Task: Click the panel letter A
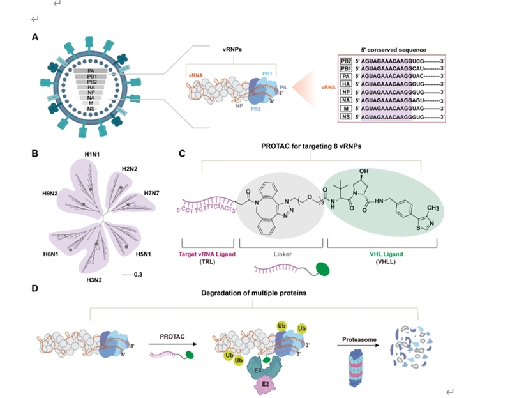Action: [x=35, y=38]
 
